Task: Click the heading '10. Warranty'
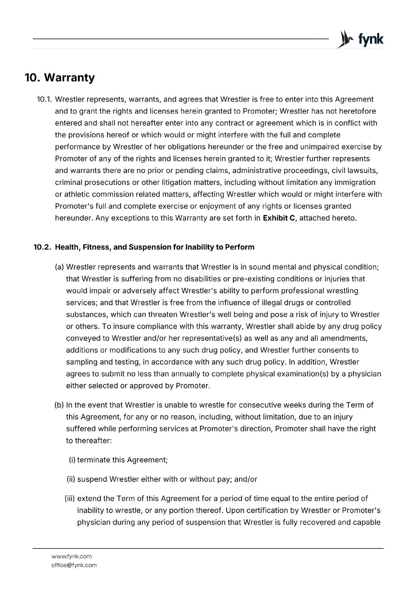pyautogui.click(x=60, y=78)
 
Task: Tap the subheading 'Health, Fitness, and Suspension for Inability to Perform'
pyautogui.click(x=154, y=247)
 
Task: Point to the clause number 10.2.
pyautogui.click(x=42, y=247)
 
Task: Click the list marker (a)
pyautogui.click(x=59, y=267)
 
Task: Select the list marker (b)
pyautogui.click(x=59, y=405)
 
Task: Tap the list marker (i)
pyautogui.click(x=72, y=460)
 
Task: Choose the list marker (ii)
pyautogui.click(x=71, y=479)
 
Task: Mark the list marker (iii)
pyautogui.click(x=70, y=499)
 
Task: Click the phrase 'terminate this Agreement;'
pyautogui.click(x=122, y=460)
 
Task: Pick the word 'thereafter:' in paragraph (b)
pyautogui.click(x=89, y=441)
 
